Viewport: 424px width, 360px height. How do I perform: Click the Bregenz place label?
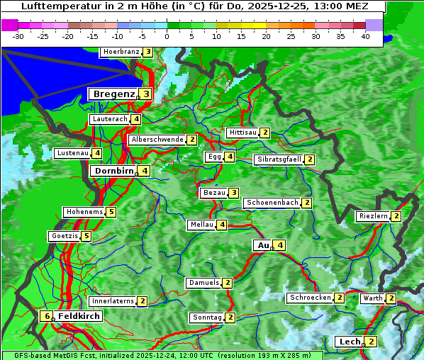(113, 94)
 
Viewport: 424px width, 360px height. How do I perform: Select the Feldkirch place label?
(79, 316)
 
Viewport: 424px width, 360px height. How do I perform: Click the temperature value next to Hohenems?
(111, 212)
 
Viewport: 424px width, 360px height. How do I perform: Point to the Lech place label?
(350, 342)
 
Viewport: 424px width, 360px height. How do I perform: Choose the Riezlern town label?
(374, 216)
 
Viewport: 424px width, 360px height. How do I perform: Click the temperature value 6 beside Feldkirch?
(47, 316)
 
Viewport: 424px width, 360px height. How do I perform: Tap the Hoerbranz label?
(121, 52)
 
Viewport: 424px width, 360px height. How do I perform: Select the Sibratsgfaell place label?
(279, 159)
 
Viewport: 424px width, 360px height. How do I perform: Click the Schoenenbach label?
(272, 203)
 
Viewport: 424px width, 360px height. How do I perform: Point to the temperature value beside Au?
(281, 245)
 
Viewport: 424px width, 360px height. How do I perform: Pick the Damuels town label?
(204, 283)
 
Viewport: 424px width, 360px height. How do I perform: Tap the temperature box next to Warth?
(391, 298)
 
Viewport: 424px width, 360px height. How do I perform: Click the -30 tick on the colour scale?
(19, 36)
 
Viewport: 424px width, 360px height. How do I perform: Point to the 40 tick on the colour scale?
(365, 36)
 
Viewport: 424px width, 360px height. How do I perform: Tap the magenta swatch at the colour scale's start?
(10, 25)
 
